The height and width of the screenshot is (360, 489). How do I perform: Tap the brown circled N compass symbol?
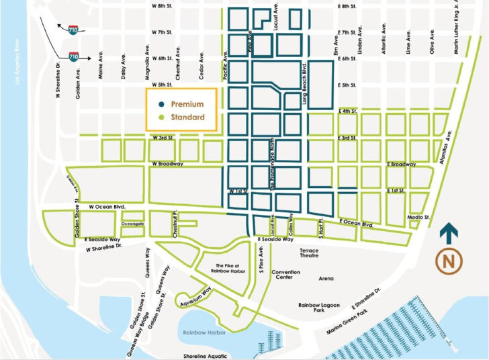click(x=449, y=261)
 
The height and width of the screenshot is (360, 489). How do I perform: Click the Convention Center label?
click(x=286, y=275)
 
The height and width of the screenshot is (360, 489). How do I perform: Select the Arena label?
click(x=326, y=278)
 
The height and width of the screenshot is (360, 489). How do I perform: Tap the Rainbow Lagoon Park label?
click(x=320, y=307)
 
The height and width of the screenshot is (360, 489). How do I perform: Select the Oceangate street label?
click(x=133, y=224)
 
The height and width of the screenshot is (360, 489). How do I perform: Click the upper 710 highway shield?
click(x=72, y=30)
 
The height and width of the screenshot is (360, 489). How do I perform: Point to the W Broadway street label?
click(x=168, y=164)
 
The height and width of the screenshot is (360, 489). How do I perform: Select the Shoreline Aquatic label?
click(x=207, y=357)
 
